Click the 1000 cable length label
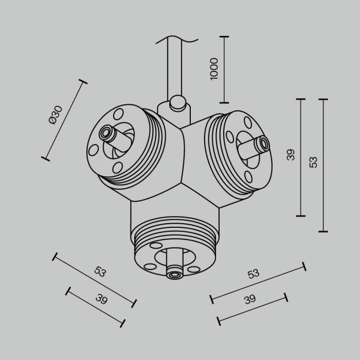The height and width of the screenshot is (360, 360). coord(214,68)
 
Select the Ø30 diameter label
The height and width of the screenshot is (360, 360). coord(55,114)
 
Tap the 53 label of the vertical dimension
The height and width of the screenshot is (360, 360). coord(313,161)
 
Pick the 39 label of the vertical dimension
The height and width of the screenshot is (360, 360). coord(291,154)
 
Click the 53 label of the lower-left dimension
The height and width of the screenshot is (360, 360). coord(100,272)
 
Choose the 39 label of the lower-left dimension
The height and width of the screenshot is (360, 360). coord(101,300)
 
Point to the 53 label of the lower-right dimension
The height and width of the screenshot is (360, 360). coord(253,274)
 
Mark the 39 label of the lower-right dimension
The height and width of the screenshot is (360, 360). coord(250,300)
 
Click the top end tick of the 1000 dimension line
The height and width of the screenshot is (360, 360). coord(224,37)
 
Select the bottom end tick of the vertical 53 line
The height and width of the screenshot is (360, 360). coord(323,231)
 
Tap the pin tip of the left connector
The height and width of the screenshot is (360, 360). coord(106,133)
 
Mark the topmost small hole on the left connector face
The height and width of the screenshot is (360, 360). coord(119,113)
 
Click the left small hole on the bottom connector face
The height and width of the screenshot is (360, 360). coord(150,266)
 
